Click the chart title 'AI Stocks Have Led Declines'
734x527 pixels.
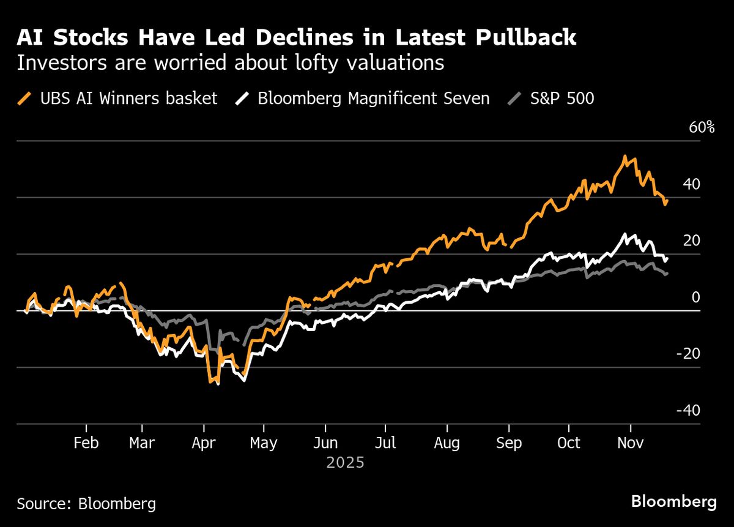[296, 37]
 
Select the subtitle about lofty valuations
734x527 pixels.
[230, 63]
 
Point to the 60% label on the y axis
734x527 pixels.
[702, 128]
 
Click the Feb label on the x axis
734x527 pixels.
[86, 443]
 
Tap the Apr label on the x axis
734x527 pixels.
[203, 443]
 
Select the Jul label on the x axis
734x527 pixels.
[385, 443]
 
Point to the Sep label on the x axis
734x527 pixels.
[509, 443]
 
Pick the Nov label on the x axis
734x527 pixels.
[631, 443]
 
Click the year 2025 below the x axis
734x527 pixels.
[345, 463]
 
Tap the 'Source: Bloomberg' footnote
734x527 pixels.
[86, 504]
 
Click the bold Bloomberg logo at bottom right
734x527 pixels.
[674, 503]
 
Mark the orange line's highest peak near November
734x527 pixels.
[625, 157]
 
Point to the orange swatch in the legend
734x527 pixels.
[24, 99]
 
